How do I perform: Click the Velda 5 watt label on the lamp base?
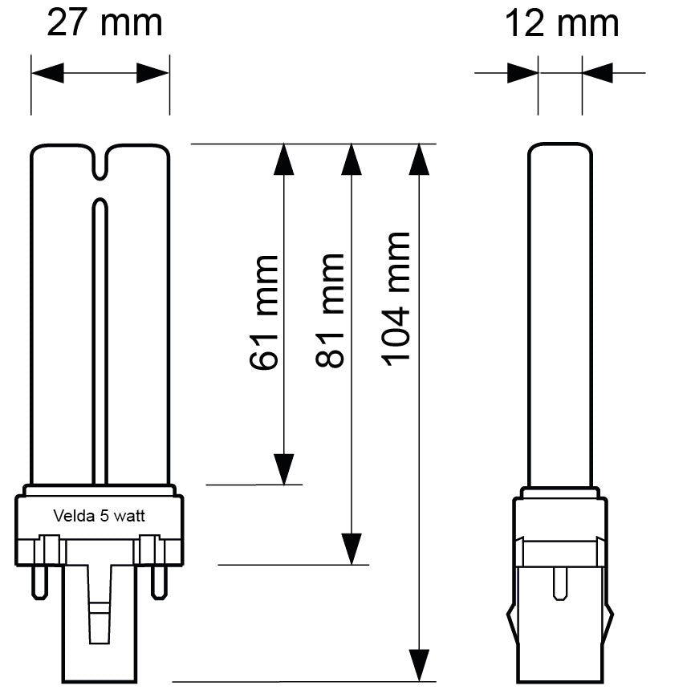(x=99, y=516)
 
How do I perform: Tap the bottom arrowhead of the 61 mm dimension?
(x=284, y=469)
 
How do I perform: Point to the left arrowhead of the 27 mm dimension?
(x=47, y=74)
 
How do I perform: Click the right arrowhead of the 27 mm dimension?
(x=153, y=74)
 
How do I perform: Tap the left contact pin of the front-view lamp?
(x=38, y=582)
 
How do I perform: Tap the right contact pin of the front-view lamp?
(x=161, y=582)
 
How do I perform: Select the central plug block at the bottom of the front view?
(x=100, y=634)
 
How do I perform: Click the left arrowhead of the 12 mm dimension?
(x=522, y=74)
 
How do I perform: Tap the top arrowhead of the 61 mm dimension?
(x=284, y=160)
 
